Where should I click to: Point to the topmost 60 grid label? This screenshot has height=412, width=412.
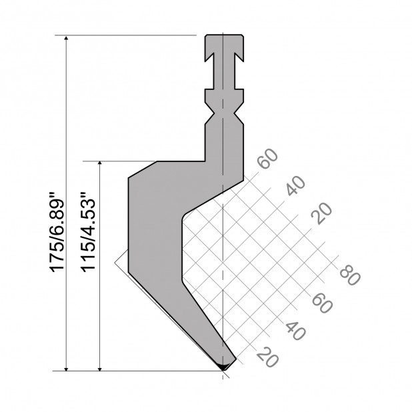267,162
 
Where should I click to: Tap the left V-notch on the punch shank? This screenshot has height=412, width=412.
208,115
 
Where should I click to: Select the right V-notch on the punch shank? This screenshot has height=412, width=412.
238,115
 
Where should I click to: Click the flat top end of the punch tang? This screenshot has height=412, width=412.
223,35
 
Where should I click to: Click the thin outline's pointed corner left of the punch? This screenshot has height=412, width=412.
115,261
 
